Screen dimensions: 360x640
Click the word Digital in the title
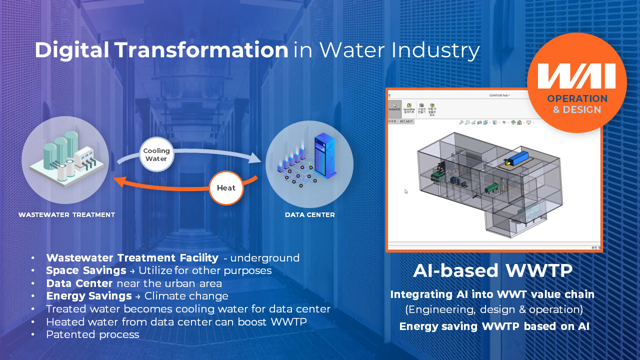pos(72,50)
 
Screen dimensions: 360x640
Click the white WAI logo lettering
pos(576,75)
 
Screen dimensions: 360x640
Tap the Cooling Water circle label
pos(156,154)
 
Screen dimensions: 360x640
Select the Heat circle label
pos(226,188)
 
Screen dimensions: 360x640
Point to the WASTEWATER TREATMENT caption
pos(66,215)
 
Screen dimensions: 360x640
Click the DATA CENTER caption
pos(309,215)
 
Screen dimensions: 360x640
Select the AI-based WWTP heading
pos(492,270)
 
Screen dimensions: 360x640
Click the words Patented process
pos(92,334)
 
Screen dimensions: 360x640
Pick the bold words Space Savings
pos(86,270)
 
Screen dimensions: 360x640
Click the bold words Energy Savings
pos(89,296)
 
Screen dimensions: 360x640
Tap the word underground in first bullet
pos(264,258)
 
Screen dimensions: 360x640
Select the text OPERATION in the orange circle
pos(577,98)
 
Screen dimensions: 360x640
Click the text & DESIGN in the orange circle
pos(577,109)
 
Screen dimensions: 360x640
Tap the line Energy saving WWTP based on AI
pos(494,326)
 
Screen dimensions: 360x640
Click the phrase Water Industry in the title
pos(399,50)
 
